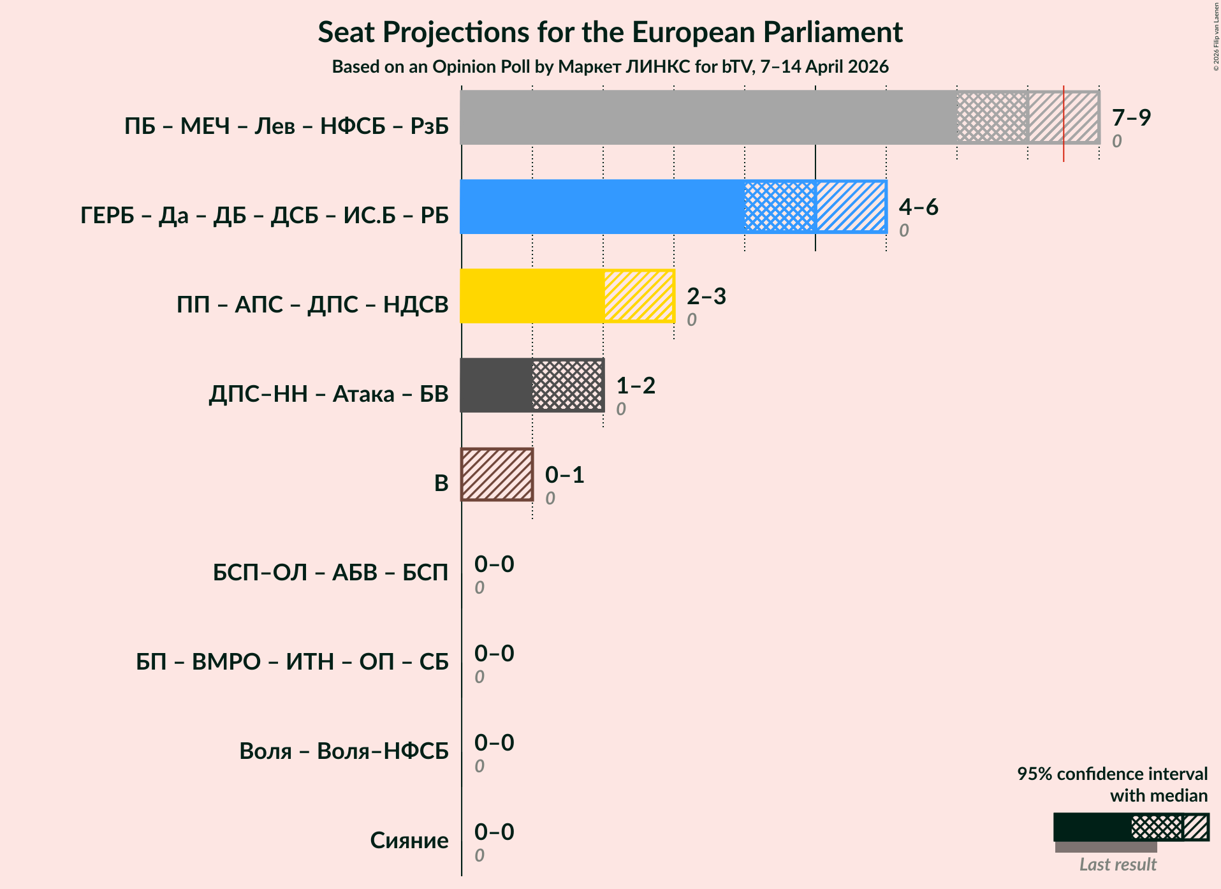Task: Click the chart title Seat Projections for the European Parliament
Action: (x=610, y=32)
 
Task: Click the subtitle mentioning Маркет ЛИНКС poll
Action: (x=610, y=66)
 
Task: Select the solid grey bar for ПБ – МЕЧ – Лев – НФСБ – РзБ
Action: (x=708, y=117)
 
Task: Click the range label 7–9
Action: (x=1131, y=117)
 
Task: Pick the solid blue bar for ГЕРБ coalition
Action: (x=602, y=207)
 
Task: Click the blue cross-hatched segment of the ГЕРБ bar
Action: (x=780, y=207)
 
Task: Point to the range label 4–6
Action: (x=918, y=207)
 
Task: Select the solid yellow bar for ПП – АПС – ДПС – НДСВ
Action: (x=532, y=296)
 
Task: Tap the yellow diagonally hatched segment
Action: (x=639, y=296)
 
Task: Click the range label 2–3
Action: (x=706, y=296)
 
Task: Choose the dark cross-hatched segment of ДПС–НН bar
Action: (x=567, y=385)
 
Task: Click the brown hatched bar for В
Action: (x=497, y=474)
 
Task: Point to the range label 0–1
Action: (x=564, y=474)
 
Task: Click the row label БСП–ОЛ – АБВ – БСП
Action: (x=330, y=572)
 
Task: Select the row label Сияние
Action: (x=409, y=840)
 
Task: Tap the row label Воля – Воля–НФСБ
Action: (x=344, y=751)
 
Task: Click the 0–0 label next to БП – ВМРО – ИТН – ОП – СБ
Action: (x=494, y=653)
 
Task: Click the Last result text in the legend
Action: (x=1117, y=864)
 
